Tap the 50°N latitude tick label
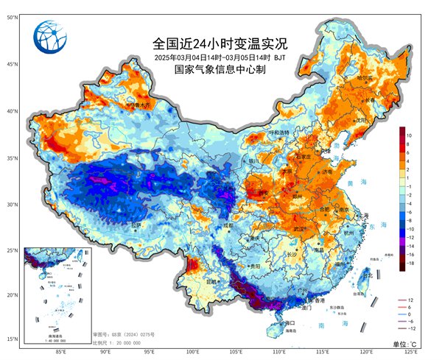pyautogui.click(x=13, y=15)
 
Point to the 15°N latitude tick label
pyautogui.click(x=13, y=339)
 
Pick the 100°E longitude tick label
pyautogui.click(x=193, y=352)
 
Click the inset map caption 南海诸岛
pyautogui.click(x=55, y=335)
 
